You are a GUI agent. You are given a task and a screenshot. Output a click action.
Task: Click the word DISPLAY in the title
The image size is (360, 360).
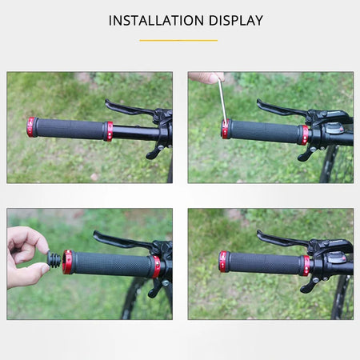233,21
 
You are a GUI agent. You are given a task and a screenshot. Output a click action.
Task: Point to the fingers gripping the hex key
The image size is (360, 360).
206,78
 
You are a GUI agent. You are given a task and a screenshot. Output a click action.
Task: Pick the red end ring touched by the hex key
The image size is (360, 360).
226,129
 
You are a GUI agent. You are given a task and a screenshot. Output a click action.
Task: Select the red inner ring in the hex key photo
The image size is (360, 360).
304,134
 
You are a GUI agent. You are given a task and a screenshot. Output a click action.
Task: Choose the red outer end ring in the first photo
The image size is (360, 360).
32,126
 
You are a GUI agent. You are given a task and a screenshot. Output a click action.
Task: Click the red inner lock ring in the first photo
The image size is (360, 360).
108,130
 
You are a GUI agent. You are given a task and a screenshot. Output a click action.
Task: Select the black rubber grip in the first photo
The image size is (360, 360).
70,129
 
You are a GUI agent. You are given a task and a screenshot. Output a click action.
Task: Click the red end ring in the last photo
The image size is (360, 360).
223,262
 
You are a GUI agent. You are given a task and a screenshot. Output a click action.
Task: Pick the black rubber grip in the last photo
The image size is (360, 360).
264,263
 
